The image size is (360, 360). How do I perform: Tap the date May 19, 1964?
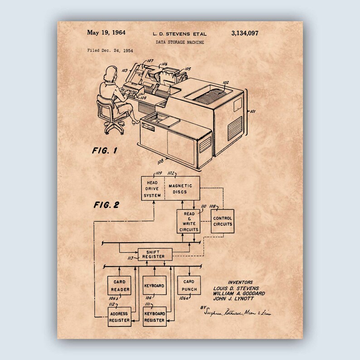106,33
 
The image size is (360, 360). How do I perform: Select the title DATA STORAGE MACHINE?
180,42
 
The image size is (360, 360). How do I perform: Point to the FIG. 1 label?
104,151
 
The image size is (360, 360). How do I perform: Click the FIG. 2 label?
106,204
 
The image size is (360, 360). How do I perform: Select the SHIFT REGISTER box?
155,254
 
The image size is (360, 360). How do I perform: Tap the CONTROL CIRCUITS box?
222,221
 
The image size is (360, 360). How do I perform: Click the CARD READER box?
119,286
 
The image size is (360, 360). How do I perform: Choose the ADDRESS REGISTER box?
119,317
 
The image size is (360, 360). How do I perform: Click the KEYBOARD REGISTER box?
154,317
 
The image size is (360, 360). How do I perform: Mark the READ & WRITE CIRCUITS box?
188,221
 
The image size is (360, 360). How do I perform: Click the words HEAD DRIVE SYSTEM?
152,189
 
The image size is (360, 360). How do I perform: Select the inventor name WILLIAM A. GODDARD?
239,293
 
